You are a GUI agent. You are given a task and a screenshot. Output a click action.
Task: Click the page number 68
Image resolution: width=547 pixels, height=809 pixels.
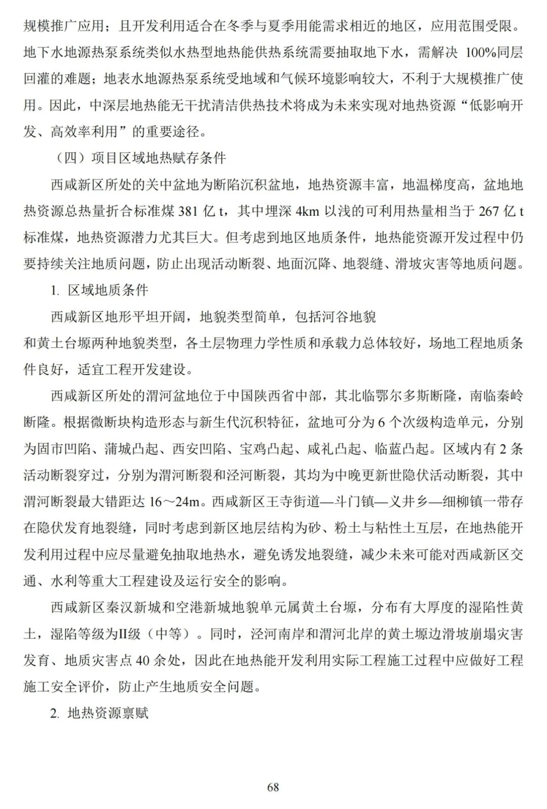tap(273, 787)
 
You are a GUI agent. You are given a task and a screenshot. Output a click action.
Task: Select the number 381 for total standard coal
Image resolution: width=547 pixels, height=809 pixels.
tap(188, 211)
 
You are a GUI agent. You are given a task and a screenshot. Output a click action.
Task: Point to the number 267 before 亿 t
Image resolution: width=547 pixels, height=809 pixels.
tap(489, 211)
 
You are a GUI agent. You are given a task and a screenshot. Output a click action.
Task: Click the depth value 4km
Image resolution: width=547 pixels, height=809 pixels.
tap(307, 211)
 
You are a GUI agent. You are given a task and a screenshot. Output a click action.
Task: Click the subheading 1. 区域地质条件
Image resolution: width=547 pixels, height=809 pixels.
tap(99, 290)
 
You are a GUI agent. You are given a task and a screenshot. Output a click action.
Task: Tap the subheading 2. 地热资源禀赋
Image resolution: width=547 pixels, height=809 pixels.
tap(99, 713)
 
